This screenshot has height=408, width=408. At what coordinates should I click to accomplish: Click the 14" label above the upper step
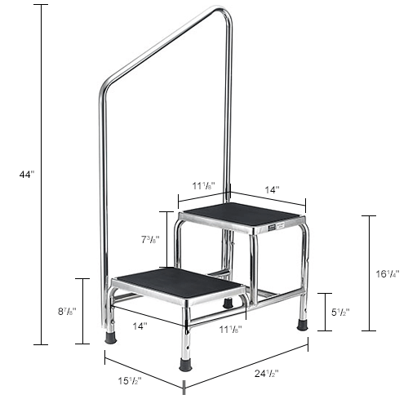272,188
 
